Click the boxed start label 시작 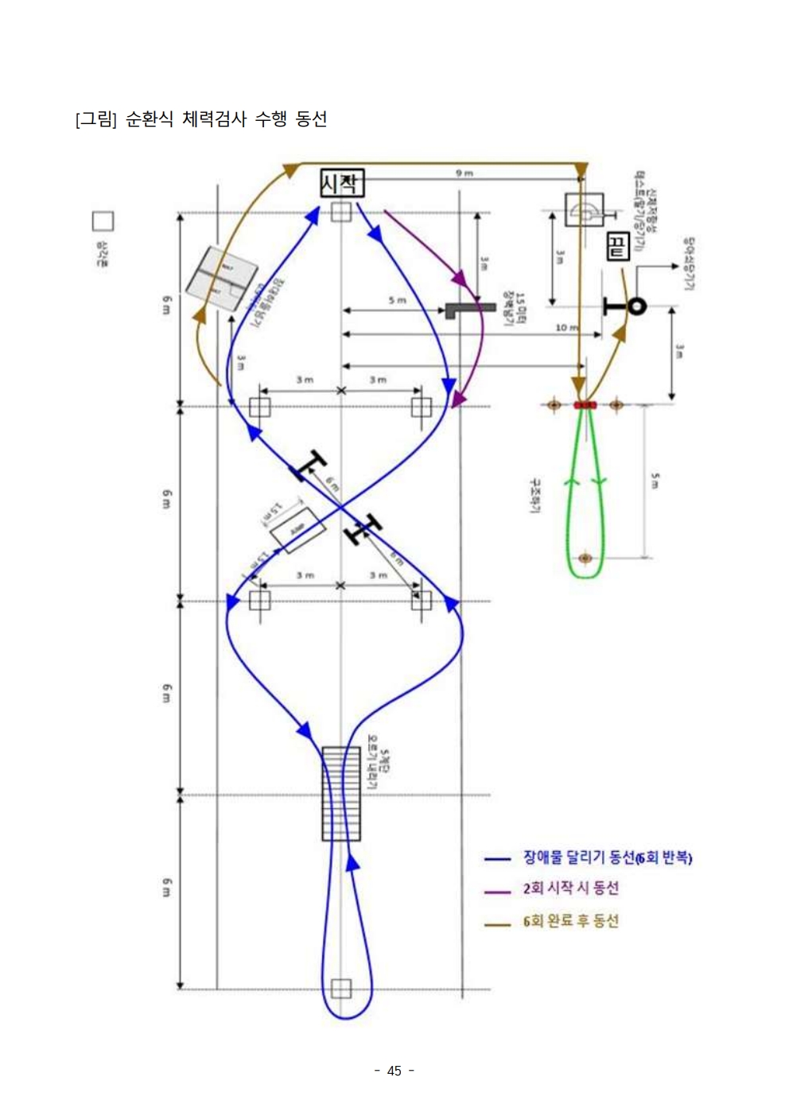click(x=342, y=184)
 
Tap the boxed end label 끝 click(x=617, y=247)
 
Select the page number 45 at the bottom click(x=394, y=1071)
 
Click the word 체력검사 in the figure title click(x=214, y=119)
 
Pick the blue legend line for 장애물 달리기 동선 click(x=497, y=859)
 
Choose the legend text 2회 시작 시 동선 click(x=570, y=889)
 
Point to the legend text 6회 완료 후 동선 click(x=570, y=921)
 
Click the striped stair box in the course click(x=341, y=793)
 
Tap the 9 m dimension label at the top click(x=464, y=173)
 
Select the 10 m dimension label click(x=566, y=327)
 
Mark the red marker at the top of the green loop click(x=585, y=405)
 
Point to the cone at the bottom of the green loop click(x=585, y=558)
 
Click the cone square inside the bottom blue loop click(x=341, y=989)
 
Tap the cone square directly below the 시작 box click(x=341, y=212)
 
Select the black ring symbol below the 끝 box click(x=636, y=305)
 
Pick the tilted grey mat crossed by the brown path click(x=222, y=280)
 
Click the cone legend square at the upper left click(x=103, y=221)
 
